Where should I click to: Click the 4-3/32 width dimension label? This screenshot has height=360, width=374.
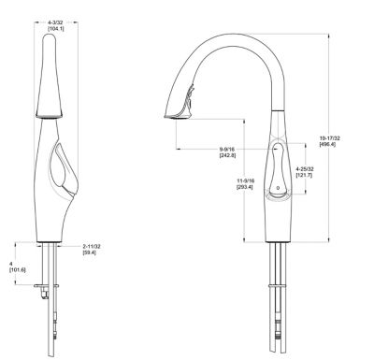pyautogui.click(x=55, y=22)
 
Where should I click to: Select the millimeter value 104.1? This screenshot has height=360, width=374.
pyautogui.click(x=56, y=28)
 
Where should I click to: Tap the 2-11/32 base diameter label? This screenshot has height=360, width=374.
pyautogui.click(x=92, y=247)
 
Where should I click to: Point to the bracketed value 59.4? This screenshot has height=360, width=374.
pyautogui.click(x=90, y=252)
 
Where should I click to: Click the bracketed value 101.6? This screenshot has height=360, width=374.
pyautogui.click(x=18, y=270)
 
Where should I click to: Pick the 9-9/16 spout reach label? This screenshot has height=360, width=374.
pyautogui.click(x=227, y=150)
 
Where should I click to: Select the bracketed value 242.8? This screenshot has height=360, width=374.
pyautogui.click(x=227, y=155)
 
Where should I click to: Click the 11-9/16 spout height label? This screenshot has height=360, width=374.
pyautogui.click(x=246, y=180)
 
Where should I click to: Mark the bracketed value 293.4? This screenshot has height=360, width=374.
pyautogui.click(x=245, y=187)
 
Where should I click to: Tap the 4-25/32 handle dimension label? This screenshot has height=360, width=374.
pyautogui.click(x=305, y=169)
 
